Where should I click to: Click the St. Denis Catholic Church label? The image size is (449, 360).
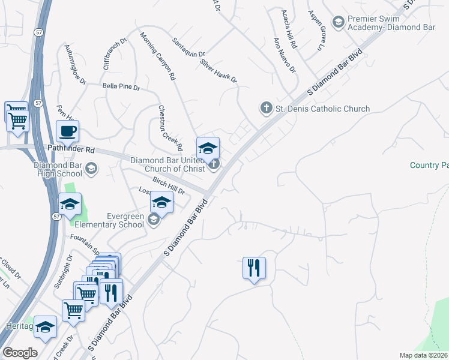tap(322, 109)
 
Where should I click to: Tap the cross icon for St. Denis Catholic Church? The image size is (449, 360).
tap(266, 108)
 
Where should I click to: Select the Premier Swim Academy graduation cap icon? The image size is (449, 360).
tap(339, 22)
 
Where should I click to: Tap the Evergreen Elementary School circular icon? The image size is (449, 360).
tap(153, 220)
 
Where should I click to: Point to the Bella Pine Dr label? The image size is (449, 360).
tap(121, 88)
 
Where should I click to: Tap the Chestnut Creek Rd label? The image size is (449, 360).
tap(170, 128)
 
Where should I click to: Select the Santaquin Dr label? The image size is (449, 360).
tap(188, 47)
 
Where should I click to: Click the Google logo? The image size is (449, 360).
tap(20, 353)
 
